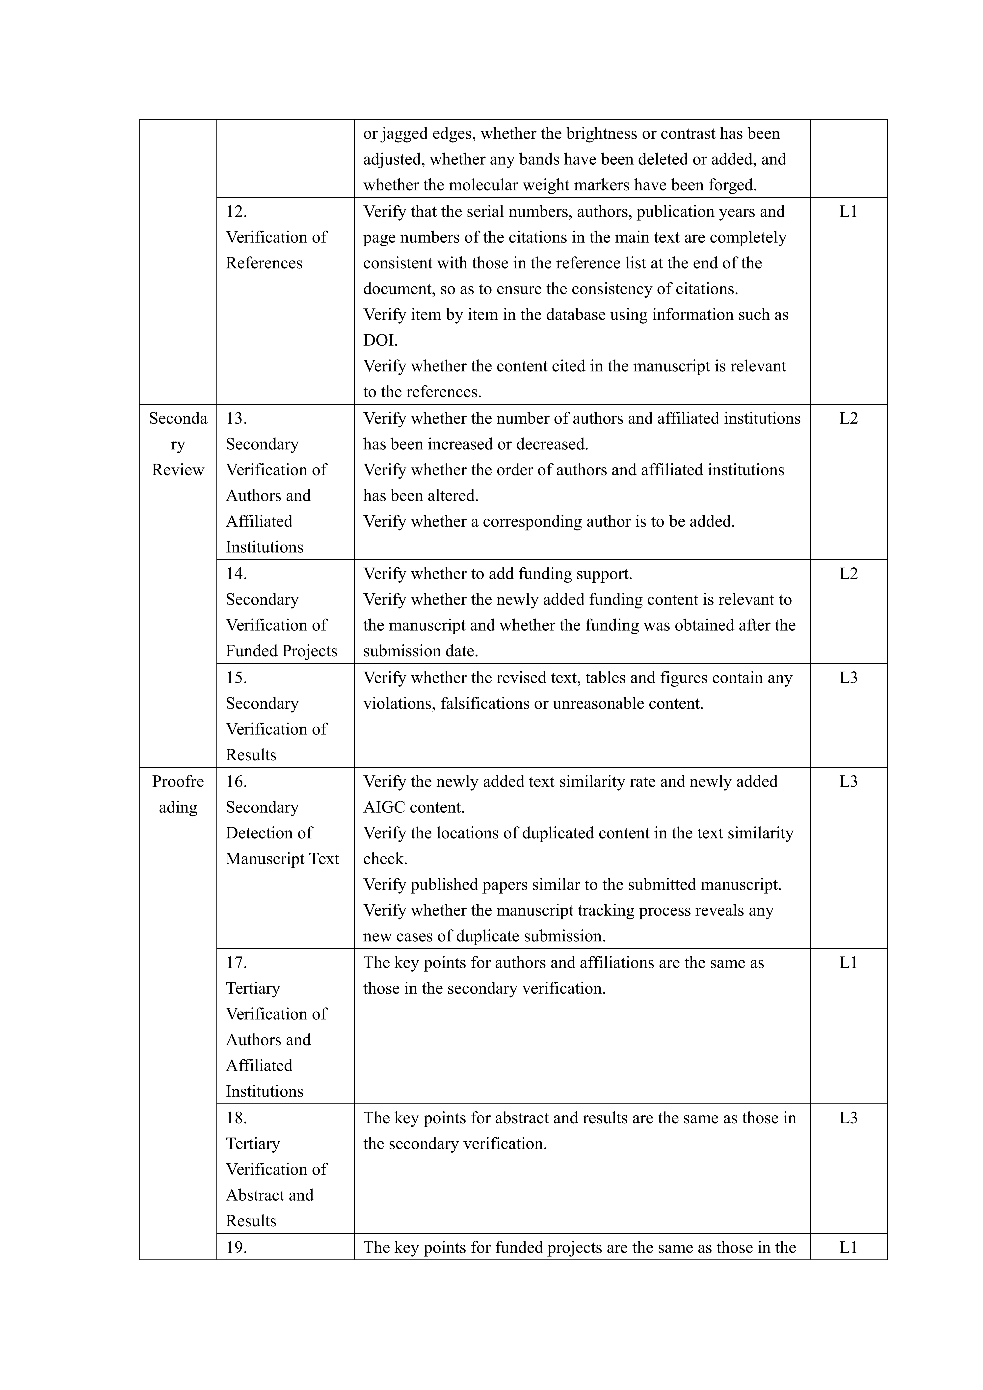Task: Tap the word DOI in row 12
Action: tap(379, 340)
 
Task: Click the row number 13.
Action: tap(236, 418)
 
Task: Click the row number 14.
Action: tap(236, 573)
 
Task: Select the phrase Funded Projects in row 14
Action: tap(281, 651)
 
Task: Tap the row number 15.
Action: tap(236, 678)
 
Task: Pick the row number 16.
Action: tap(236, 782)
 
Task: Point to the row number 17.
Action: tap(236, 963)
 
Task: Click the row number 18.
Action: tap(236, 1118)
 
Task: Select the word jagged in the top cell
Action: tap(407, 134)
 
